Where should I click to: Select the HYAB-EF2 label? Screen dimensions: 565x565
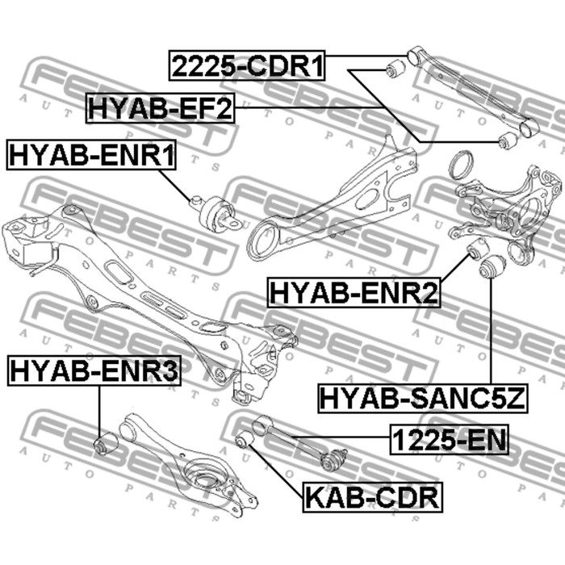pos(160,107)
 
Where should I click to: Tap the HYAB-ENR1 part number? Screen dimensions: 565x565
pos(92,154)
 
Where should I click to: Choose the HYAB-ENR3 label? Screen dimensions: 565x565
pos(95,371)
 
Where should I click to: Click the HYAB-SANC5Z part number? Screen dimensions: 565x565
pos(423,397)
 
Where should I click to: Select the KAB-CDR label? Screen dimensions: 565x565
pos(372,495)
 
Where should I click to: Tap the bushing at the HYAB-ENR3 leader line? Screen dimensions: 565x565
pos(106,444)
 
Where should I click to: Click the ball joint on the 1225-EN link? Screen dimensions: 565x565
pos(333,461)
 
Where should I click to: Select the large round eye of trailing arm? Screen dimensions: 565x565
pos(262,241)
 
